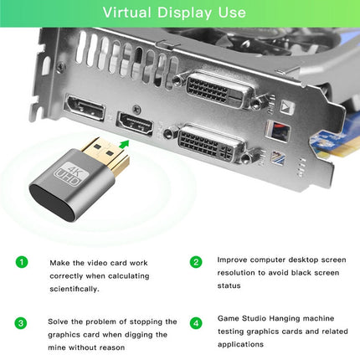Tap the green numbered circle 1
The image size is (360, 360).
[x=21, y=262]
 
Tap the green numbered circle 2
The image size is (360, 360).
[x=196, y=262]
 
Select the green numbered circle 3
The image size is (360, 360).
[x=21, y=322]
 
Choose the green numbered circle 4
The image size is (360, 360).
[x=196, y=322]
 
